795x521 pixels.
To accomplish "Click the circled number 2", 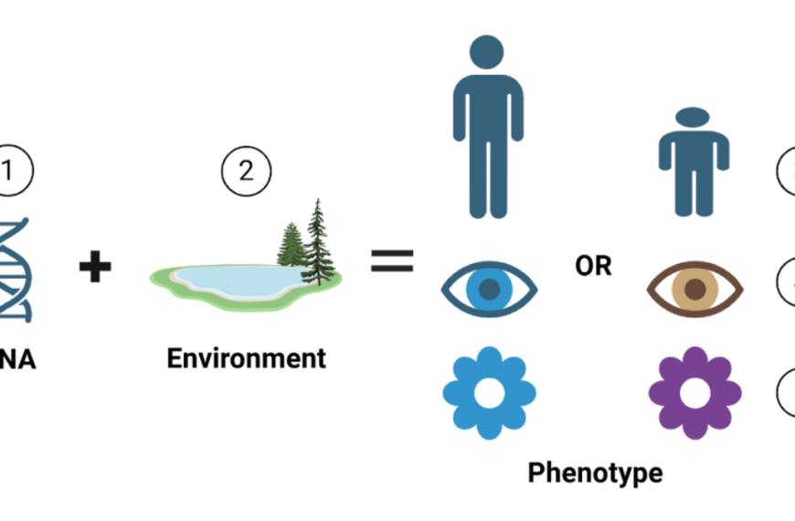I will pos(246,172).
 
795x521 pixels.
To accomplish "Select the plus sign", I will pos(94,268).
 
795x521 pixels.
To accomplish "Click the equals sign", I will pos(392,261).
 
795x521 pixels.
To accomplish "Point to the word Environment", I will pos(246,357).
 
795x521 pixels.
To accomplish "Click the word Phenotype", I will pos(595,473).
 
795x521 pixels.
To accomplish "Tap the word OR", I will pos(593,266).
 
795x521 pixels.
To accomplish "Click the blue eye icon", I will pos(489,289).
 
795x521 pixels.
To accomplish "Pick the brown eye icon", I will pos(695,289).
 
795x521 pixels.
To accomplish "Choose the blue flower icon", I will pos(489,393).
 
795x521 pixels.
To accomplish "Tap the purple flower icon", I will pos(695,393).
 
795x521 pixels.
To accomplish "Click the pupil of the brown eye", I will pos(695,290).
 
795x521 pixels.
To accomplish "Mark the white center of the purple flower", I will pos(695,394).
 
